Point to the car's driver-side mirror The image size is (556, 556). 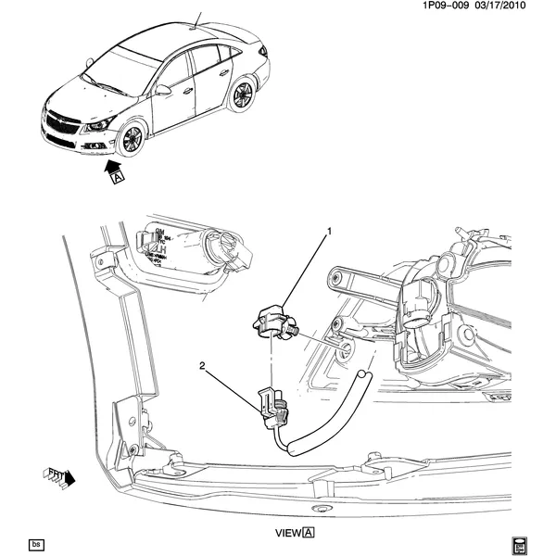(163, 90)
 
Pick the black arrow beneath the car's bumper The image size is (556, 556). (114, 167)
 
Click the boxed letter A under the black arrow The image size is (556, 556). (118, 181)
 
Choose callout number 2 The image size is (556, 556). (202, 365)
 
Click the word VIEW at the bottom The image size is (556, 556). (288, 534)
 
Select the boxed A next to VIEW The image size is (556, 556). (309, 534)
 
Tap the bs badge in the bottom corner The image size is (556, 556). (36, 544)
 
